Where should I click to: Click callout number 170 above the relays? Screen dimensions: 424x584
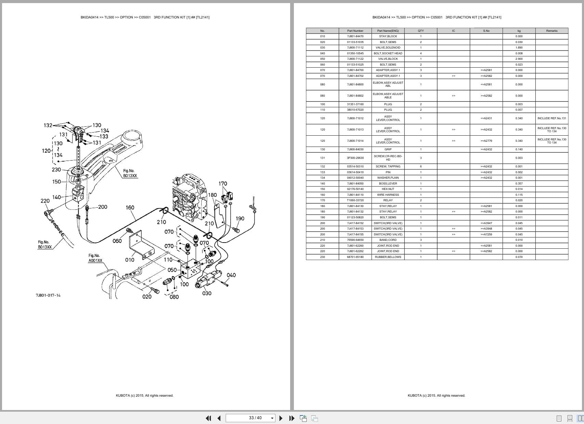pos(223,183)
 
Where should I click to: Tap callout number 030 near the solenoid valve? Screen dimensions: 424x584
pos(207,293)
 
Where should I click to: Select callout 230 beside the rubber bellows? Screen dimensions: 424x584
pos(56,169)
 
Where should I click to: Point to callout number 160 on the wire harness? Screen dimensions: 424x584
pos(130,207)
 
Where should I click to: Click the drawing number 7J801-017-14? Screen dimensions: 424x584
pos(48,295)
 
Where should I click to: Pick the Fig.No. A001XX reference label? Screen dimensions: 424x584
pos(95,258)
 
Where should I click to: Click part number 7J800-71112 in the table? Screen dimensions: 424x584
pos(355,47)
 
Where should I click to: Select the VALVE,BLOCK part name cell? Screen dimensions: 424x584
pos(388,59)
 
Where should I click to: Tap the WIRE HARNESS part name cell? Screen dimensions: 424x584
pos(388,195)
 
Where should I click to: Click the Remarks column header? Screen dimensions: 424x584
pos(551,31)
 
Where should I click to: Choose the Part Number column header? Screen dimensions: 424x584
pos(355,31)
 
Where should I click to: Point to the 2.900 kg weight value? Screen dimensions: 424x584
pos(519,59)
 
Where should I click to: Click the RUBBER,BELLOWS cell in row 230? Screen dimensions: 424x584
pos(388,257)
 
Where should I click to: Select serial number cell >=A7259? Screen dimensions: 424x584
pos(486,234)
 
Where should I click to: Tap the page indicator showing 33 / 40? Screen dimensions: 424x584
pos(255,418)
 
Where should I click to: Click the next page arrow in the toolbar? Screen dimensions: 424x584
pos(281,418)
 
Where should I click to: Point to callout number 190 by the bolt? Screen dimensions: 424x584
pos(240,218)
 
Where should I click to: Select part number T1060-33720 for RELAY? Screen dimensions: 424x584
pos(355,200)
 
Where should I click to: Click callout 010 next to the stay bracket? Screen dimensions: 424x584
pos(130,260)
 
